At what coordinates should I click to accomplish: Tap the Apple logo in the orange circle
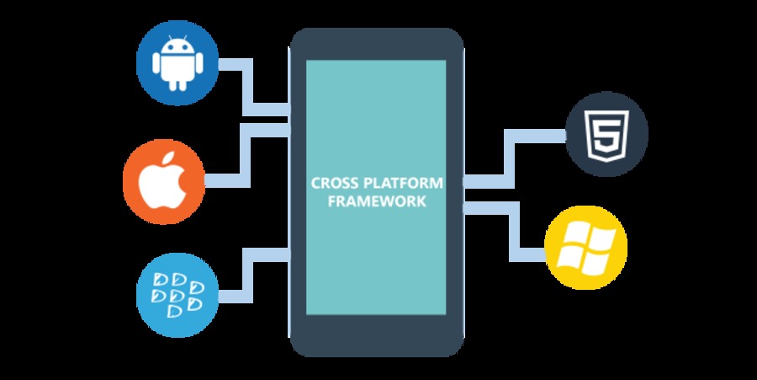point(163,181)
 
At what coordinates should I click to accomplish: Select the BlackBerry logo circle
point(176,292)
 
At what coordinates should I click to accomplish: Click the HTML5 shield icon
point(606,133)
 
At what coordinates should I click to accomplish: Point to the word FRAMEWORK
point(378,202)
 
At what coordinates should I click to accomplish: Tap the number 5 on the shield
point(606,134)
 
